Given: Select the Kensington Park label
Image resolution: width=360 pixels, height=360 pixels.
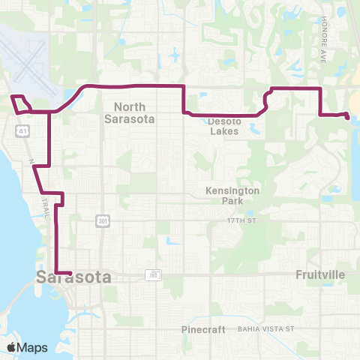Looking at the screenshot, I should point(232,196).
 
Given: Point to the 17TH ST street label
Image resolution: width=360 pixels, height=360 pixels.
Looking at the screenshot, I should point(242,220).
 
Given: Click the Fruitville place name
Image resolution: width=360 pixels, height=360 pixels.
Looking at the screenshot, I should point(319,274).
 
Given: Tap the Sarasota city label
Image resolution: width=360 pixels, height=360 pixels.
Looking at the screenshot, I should point(73,277).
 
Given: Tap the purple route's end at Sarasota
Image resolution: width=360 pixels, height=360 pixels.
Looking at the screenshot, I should point(70,273).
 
